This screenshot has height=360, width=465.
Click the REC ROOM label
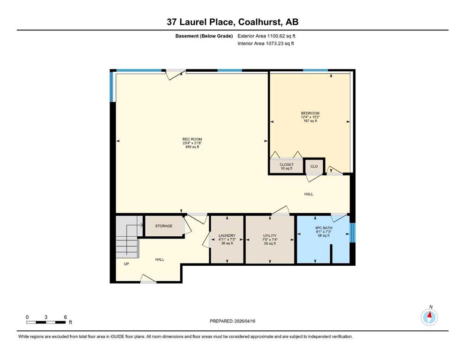pos(192,139)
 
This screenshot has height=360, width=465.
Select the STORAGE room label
pos(164,226)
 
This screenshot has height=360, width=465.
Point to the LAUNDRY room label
pos(227,235)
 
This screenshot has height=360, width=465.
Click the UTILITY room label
pos(270,236)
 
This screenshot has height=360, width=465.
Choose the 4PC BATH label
pos(324,228)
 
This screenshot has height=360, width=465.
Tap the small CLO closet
pos(314,166)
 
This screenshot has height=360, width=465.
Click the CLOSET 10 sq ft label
pos(287,166)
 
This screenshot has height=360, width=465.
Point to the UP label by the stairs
pos(126,264)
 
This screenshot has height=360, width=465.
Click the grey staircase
pos(127,237)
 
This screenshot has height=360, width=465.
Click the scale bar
pos(46,322)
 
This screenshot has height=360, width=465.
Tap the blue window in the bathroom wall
pos(352,232)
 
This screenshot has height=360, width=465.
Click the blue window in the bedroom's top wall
pos(315,70)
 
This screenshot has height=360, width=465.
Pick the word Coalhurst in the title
pos(260,22)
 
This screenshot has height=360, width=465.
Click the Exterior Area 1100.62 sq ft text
pos(266,36)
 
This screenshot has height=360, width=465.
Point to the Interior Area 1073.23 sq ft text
pos(266,43)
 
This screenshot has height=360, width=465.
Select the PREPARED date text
pos(232,321)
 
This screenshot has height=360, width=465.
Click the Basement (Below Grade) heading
pos(204,36)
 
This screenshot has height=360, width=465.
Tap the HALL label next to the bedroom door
pos(309,194)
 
